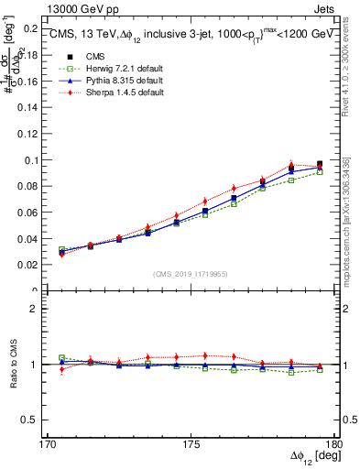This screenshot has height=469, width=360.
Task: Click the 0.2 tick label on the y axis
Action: point(31,28)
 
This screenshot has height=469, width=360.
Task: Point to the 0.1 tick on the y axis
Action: point(31,160)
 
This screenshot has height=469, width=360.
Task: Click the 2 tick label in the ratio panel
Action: point(35,309)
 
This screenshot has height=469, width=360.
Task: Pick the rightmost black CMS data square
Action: point(320,165)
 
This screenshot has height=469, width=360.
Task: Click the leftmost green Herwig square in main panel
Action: point(61,249)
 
